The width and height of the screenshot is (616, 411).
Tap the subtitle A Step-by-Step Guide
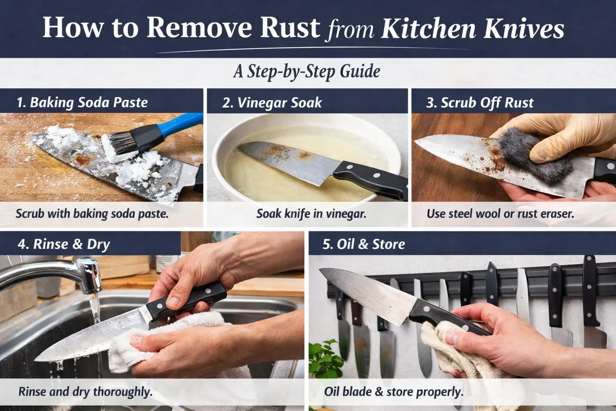[307, 71]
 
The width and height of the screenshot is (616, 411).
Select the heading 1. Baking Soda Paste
[82, 102]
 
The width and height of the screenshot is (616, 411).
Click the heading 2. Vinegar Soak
[272, 103]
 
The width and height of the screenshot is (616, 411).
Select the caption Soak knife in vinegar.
[311, 214]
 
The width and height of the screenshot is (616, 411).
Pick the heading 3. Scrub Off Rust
[480, 103]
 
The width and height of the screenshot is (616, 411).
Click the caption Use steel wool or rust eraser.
[500, 214]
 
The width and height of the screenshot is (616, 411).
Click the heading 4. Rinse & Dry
[64, 244]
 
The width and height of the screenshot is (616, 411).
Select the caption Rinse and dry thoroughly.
[85, 391]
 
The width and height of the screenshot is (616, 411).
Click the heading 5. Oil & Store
[364, 244]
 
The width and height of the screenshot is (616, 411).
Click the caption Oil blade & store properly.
[393, 391]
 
